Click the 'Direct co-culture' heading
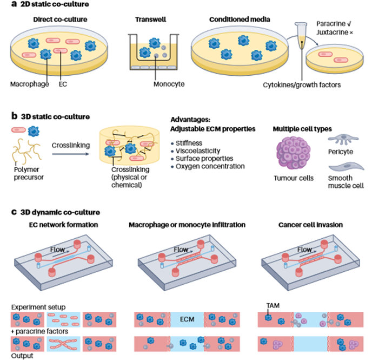(x=60, y=19)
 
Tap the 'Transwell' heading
(x=151, y=19)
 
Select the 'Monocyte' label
(x=169, y=84)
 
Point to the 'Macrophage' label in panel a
(x=29, y=84)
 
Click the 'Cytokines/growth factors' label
(x=302, y=85)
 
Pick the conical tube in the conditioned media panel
(x=301, y=36)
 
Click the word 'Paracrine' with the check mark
(x=334, y=24)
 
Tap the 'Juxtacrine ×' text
(x=335, y=32)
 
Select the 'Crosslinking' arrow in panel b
(x=71, y=154)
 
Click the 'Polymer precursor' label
(x=29, y=173)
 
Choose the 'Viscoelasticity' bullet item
(x=198, y=151)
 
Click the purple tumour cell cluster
(x=294, y=153)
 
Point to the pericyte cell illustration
(x=343, y=139)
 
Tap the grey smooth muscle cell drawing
(x=347, y=166)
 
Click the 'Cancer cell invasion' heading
(x=310, y=225)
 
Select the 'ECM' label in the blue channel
(x=187, y=319)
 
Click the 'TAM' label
(x=273, y=305)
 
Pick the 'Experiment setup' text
(x=38, y=307)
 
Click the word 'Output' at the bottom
(x=22, y=356)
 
